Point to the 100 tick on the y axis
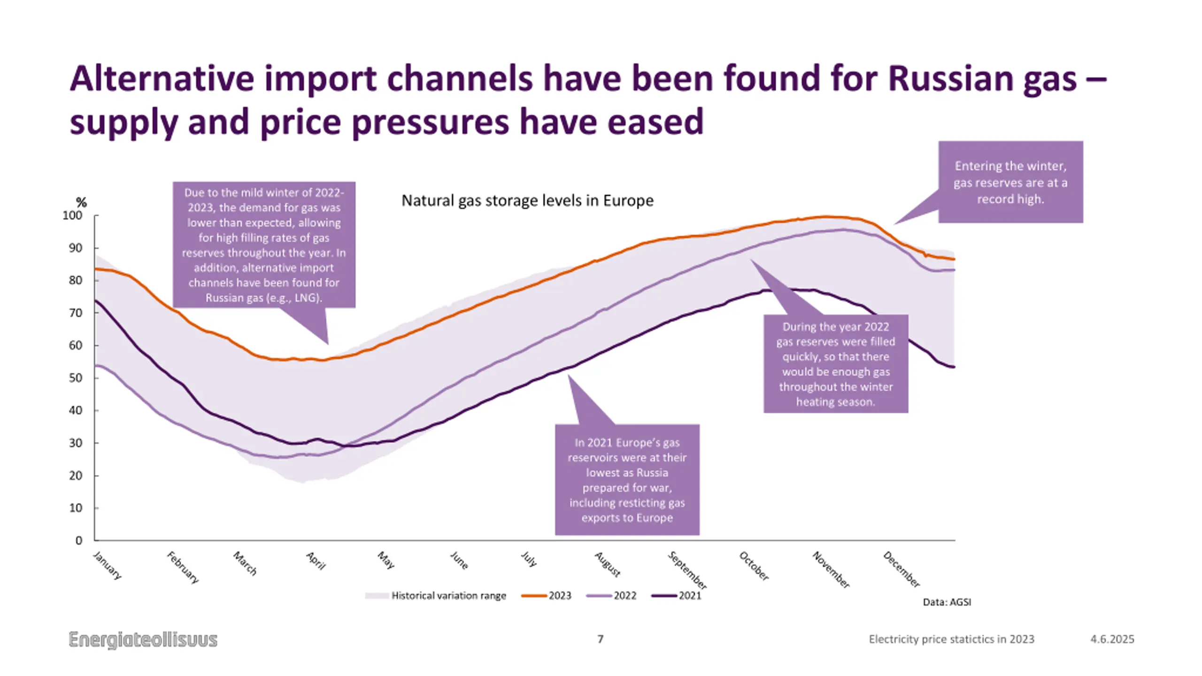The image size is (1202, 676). (72, 215)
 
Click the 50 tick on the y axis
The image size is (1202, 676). (75, 378)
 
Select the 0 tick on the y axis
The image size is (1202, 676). (78, 540)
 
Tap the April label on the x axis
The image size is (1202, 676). (316, 561)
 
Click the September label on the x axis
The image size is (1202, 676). (687, 570)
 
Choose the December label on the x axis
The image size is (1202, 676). (901, 569)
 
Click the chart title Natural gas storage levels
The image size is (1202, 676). (527, 201)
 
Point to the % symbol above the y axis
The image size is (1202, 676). (81, 202)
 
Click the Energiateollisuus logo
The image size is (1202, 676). (143, 639)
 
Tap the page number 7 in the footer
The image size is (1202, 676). (600, 639)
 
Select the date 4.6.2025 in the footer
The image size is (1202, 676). (1112, 639)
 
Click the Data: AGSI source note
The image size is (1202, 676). (947, 602)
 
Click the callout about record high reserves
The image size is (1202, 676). (1010, 182)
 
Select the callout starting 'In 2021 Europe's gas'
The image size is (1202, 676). (627, 480)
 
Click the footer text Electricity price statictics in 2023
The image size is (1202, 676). (951, 639)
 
